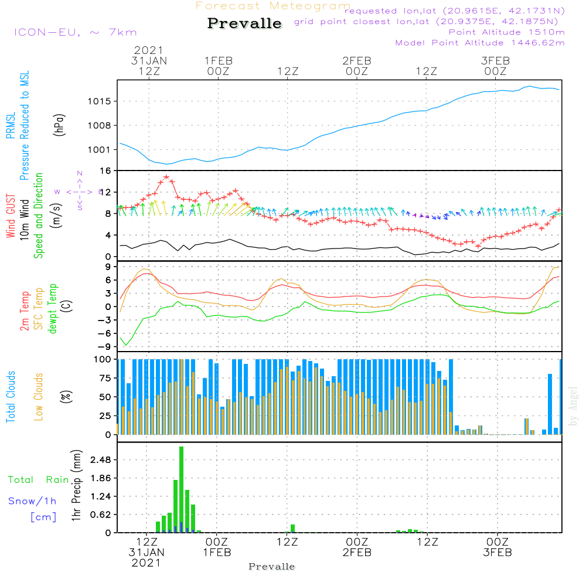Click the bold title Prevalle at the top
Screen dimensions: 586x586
click(244, 24)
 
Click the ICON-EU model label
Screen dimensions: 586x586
click(75, 32)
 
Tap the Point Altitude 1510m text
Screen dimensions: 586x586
click(506, 32)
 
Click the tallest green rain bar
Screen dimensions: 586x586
click(182, 489)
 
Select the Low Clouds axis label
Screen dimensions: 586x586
click(39, 397)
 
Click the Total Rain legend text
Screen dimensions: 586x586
click(38, 480)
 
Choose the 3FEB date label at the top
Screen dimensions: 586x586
click(495, 60)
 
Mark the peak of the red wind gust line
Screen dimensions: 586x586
click(166, 176)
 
